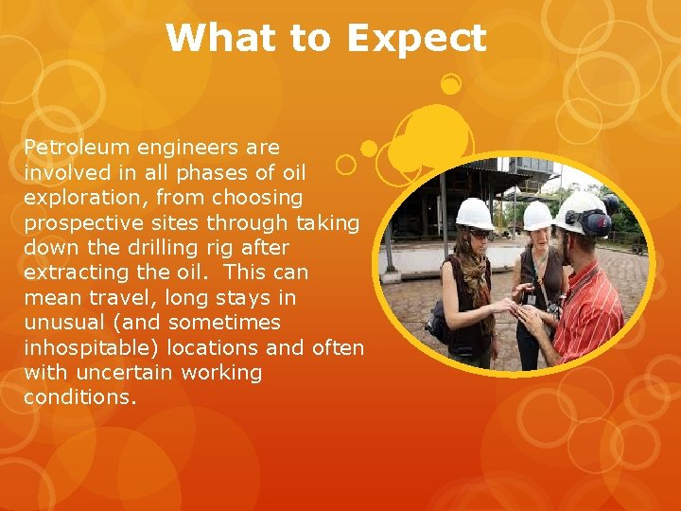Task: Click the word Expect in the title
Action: [416, 40]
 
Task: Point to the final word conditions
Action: [80, 397]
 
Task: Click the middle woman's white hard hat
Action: [536, 216]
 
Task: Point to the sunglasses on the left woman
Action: [479, 233]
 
